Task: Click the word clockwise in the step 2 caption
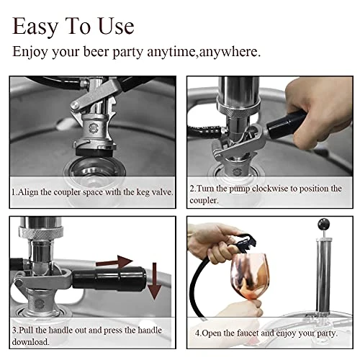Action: (268, 188)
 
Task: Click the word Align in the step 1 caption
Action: (30, 193)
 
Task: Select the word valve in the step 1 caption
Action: (156, 193)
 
